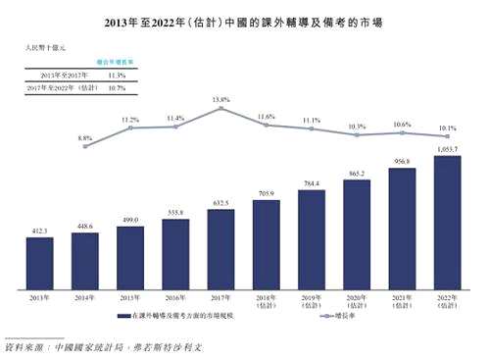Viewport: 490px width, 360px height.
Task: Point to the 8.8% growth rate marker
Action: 84,145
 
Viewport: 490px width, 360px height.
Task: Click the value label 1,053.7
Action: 447,148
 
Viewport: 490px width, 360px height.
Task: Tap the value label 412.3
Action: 39,231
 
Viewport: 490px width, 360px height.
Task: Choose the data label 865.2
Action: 357,173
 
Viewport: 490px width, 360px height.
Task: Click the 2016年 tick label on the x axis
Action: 175,297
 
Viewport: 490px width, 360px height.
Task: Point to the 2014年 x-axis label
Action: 84,297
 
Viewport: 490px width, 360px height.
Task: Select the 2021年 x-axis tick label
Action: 402,300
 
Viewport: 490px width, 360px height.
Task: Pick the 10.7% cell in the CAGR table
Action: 116,87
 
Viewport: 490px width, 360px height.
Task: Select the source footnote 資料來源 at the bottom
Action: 103,348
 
